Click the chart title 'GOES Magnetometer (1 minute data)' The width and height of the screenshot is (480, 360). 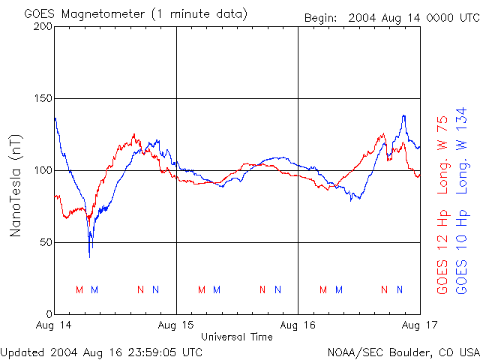click(x=136, y=14)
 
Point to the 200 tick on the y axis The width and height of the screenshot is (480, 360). click(x=43, y=26)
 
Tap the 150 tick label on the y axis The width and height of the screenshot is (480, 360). click(x=43, y=98)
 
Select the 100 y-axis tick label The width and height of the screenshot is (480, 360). click(x=43, y=170)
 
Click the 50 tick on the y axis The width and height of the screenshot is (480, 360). click(x=45, y=242)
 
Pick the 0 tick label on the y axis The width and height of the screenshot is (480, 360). click(x=48, y=314)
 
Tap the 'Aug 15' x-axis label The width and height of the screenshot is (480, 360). click(x=176, y=326)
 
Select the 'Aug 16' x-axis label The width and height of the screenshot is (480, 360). click(x=298, y=326)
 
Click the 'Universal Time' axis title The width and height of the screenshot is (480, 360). click(x=237, y=337)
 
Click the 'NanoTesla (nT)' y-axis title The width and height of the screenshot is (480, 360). click(x=15, y=185)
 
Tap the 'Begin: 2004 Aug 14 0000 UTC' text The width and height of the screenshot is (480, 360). click(x=391, y=17)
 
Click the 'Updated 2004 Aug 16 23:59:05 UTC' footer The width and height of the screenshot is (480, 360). click(x=101, y=352)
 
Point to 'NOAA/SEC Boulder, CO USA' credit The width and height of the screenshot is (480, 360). click(x=403, y=352)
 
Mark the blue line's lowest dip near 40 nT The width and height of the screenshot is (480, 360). click(x=89, y=256)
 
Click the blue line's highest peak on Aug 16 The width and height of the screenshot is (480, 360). click(x=403, y=115)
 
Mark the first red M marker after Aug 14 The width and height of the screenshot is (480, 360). click(x=79, y=289)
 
